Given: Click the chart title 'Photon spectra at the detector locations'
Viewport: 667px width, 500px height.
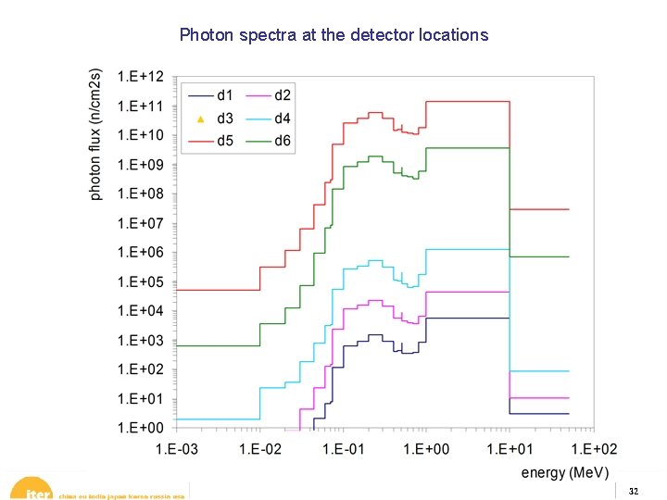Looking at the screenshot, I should click(x=333, y=35).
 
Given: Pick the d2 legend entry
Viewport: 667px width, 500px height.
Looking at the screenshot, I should click(x=282, y=94).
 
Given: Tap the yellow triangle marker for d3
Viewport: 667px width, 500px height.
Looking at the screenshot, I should click(x=201, y=119).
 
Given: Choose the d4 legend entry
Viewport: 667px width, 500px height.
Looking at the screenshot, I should click(x=282, y=119).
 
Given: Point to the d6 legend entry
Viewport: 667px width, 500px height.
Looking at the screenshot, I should click(x=282, y=142).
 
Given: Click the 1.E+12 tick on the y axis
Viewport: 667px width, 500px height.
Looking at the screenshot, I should click(x=141, y=76).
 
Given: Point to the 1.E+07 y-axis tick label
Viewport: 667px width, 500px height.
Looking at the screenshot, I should click(x=141, y=223).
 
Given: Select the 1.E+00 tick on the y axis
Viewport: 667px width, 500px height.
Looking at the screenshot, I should click(x=141, y=428).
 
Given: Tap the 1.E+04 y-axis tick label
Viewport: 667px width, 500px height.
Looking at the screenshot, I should click(x=141, y=311).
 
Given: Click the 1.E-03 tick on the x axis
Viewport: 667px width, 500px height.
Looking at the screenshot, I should click(x=177, y=449).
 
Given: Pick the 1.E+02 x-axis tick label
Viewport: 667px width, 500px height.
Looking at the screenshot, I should click(x=594, y=449).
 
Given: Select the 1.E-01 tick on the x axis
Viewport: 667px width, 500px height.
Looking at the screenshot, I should click(x=344, y=449).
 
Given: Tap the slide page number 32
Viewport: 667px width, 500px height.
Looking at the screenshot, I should click(x=633, y=491).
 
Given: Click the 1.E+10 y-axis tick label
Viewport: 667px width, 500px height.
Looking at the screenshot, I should click(x=141, y=135).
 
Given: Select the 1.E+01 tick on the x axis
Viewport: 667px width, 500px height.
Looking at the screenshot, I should click(x=510, y=449).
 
